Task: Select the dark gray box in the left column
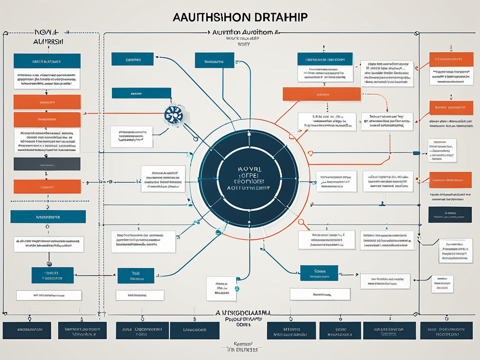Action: click(47, 164)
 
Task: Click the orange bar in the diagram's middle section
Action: click(321, 94)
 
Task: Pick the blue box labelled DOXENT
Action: click(133, 59)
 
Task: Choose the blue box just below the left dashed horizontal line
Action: click(48, 216)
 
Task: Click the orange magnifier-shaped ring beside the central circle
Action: click(301, 222)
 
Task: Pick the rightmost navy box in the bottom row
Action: click(449, 330)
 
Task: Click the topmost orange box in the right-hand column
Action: click(451, 60)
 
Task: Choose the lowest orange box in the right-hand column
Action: click(450, 179)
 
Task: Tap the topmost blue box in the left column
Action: click(47, 61)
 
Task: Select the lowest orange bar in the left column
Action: click(47, 186)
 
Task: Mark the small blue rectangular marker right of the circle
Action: click(415, 153)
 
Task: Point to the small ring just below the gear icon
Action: click(195, 139)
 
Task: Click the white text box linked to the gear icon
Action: click(131, 136)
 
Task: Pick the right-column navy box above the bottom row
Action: click(450, 214)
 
